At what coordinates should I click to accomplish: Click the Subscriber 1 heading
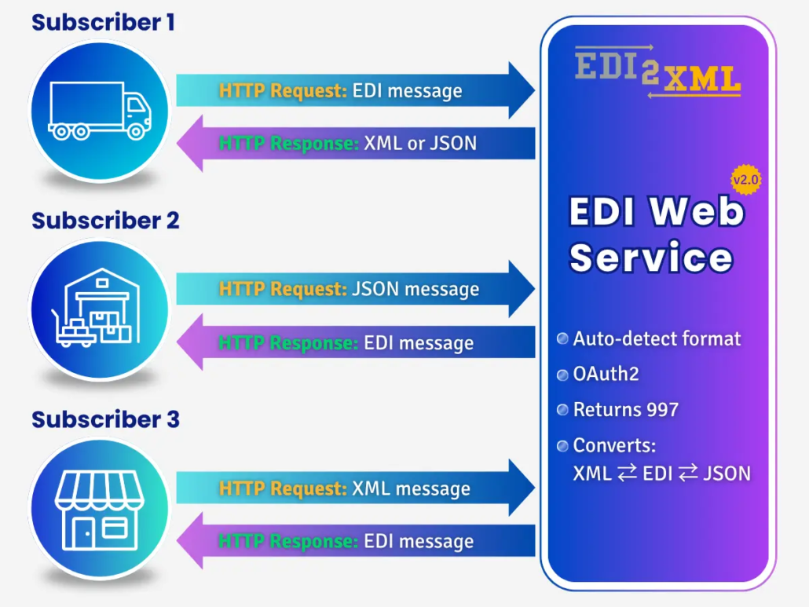tap(103, 23)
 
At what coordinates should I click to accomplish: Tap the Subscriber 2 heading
tap(105, 221)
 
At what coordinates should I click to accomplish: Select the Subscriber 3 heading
tap(105, 419)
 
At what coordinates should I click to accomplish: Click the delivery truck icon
tap(100, 111)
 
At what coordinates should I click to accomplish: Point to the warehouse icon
tap(96, 308)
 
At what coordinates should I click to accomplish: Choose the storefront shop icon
tap(100, 510)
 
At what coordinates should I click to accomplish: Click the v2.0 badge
tap(745, 180)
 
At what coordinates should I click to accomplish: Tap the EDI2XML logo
tap(658, 71)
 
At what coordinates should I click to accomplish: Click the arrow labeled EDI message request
tap(356, 91)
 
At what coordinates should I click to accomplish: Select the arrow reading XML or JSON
tap(356, 144)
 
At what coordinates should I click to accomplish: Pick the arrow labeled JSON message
tap(356, 289)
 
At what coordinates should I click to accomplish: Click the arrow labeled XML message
tap(356, 488)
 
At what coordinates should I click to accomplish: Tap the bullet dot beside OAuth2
tap(562, 375)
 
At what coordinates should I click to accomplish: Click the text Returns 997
tap(626, 409)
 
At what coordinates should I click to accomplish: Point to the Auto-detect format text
tap(657, 338)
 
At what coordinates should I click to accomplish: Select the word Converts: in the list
tap(614, 445)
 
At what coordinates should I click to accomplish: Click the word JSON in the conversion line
tap(727, 474)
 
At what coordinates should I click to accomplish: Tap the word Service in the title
tap(651, 257)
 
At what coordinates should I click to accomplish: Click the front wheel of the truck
tap(136, 131)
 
